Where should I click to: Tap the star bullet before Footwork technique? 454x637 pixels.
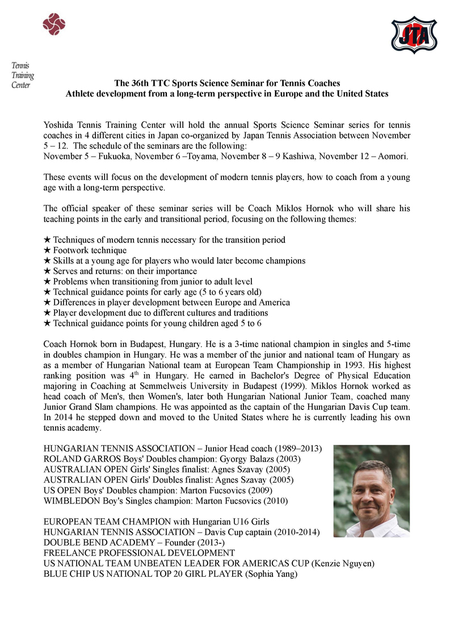tap(47, 250)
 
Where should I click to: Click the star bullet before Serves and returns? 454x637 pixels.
tap(47, 271)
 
